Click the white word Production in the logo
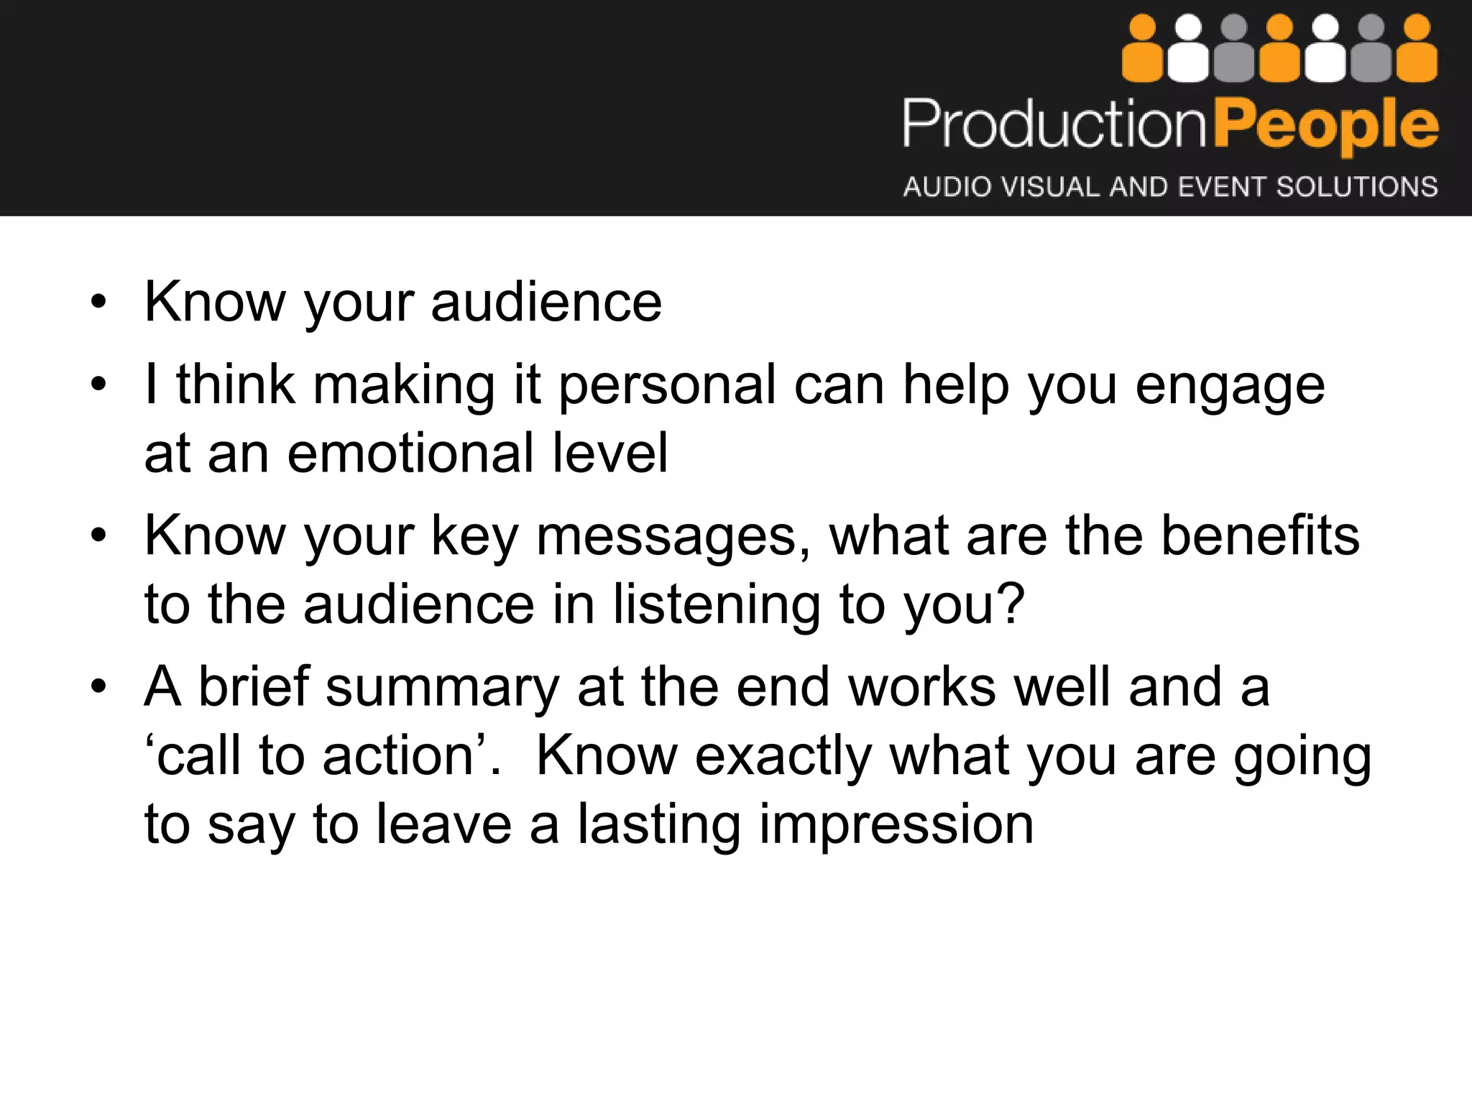(1054, 124)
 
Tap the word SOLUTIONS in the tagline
(1356, 187)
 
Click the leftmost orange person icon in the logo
(1142, 50)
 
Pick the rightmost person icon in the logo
(1417, 50)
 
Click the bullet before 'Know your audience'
(98, 302)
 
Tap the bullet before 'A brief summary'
(98, 686)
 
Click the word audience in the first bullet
(546, 302)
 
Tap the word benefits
(1260, 535)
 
